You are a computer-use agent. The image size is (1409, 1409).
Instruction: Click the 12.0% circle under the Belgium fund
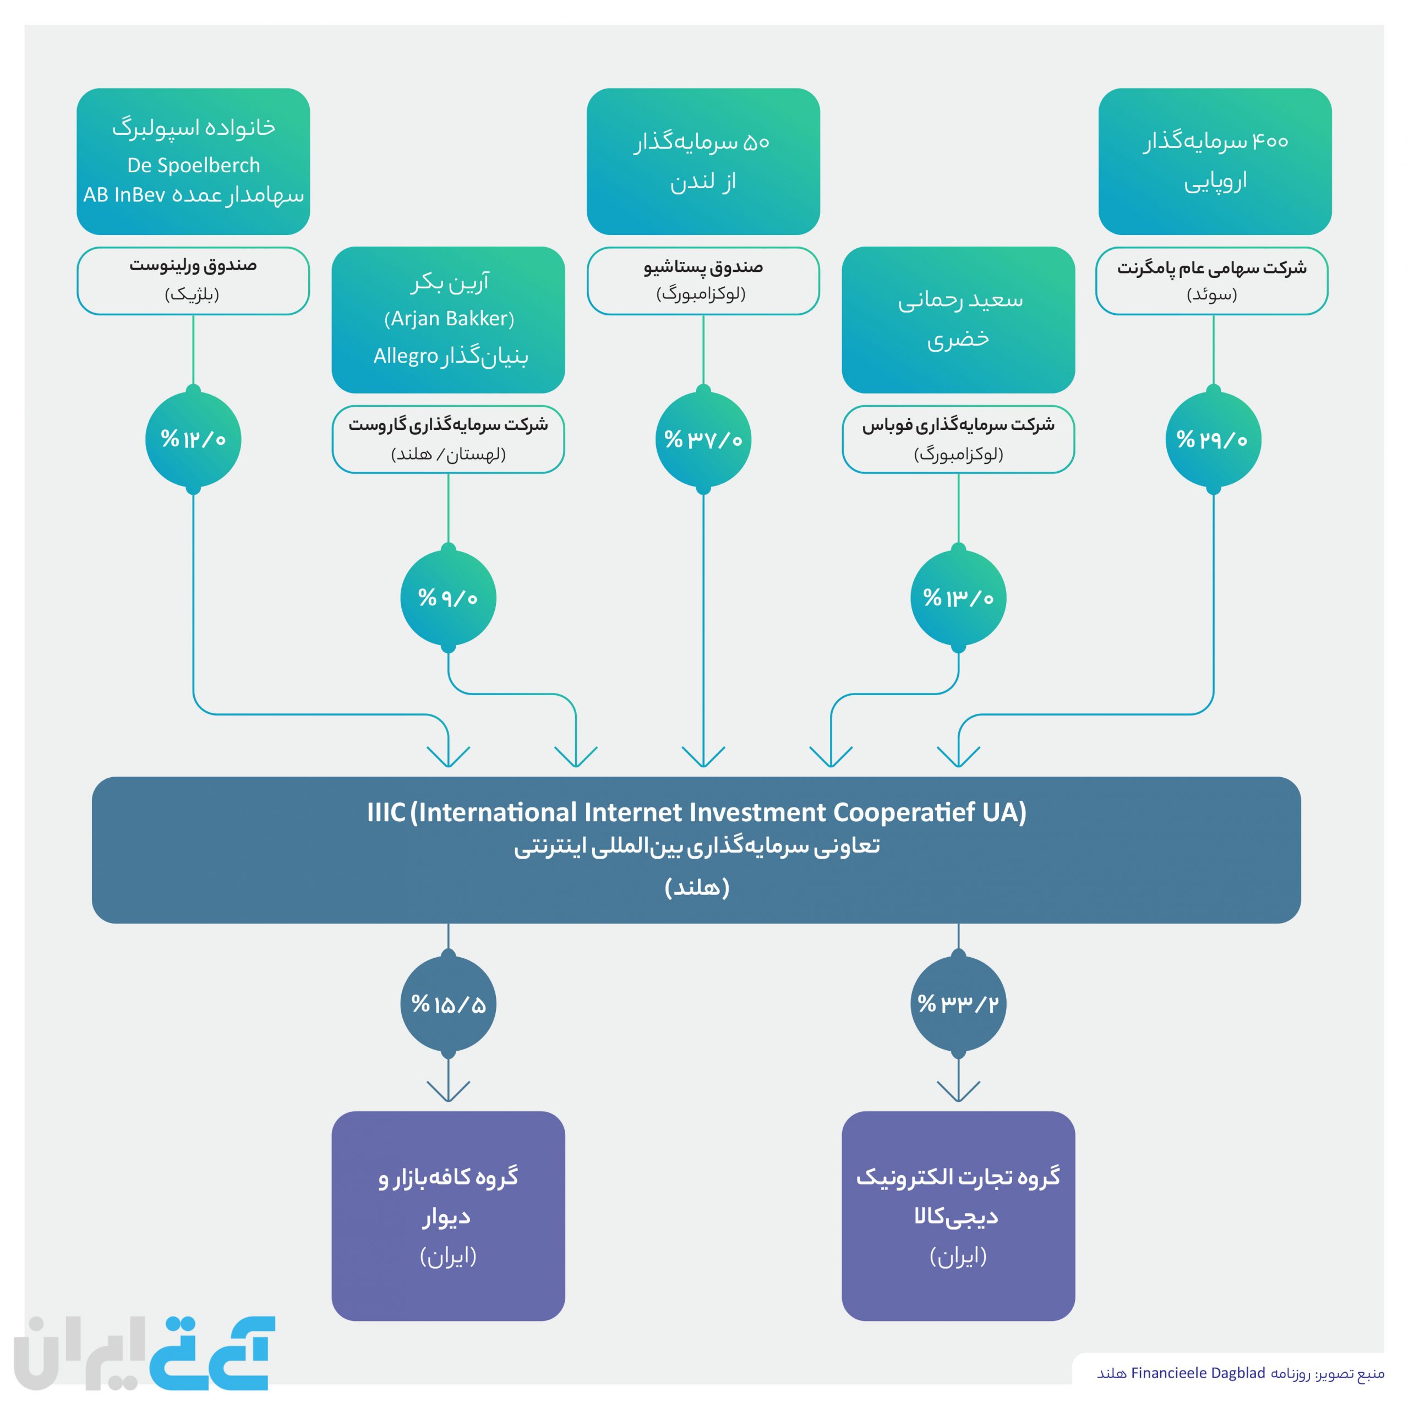[193, 439]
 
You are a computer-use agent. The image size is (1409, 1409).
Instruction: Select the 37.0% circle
[703, 439]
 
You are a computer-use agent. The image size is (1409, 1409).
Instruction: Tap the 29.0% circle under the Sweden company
[1214, 439]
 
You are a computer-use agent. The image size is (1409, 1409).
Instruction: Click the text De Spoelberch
[193, 166]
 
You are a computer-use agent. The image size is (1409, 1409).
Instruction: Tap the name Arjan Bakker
[449, 319]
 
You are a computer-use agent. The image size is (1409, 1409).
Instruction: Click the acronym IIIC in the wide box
[386, 812]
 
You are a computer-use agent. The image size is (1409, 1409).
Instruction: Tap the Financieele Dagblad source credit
[1241, 1373]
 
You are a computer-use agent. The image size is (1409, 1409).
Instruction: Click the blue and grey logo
[144, 1353]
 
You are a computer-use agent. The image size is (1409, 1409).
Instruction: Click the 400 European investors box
[1215, 161]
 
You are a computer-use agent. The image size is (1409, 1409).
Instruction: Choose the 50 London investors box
[703, 161]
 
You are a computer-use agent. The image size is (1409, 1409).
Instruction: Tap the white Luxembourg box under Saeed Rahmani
[958, 439]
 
